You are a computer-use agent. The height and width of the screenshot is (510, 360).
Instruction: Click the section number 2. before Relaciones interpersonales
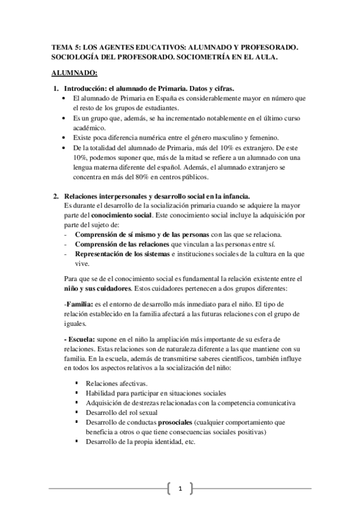click(56, 196)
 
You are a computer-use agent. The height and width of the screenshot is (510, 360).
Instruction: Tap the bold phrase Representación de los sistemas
click(121, 253)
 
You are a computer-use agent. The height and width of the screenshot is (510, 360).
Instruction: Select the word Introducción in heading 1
click(87, 88)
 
